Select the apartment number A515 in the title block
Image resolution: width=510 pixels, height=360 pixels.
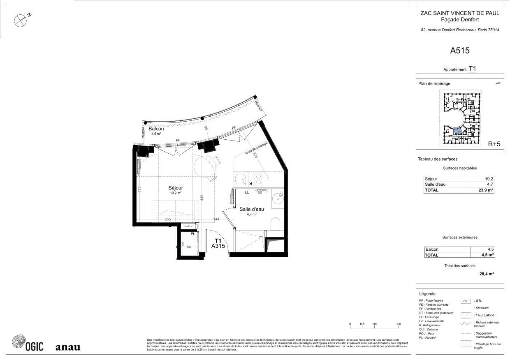click(459, 51)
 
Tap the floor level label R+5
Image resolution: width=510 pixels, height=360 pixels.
click(494, 144)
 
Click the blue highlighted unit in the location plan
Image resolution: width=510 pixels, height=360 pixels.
click(457, 132)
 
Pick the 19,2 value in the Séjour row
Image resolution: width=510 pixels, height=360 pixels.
click(489, 179)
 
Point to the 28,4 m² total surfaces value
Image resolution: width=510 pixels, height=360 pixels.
click(486, 273)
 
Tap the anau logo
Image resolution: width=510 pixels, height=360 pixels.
click(68, 347)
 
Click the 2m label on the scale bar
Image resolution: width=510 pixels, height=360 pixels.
click(398, 324)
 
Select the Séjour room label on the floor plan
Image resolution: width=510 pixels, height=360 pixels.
click(176, 188)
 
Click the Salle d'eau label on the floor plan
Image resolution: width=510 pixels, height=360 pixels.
click(252, 209)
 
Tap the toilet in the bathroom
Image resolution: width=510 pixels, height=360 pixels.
click(276, 224)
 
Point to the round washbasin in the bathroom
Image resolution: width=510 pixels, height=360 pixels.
click(278, 198)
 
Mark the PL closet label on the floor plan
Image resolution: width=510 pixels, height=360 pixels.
click(192, 234)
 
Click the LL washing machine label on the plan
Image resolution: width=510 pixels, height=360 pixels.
click(247, 192)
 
